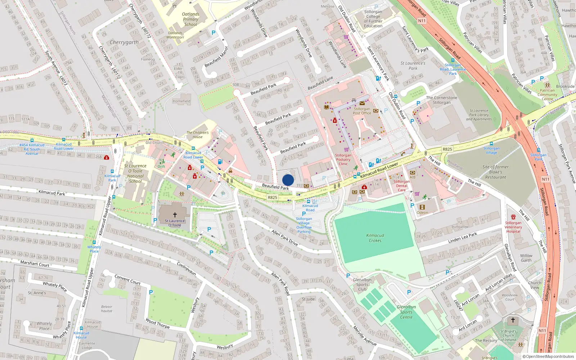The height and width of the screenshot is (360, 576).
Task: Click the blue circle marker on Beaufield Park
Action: pyautogui.click(x=288, y=180)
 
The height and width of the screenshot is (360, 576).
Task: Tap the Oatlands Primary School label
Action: pyautogui.click(x=190, y=19)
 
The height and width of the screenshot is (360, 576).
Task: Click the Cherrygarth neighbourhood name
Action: pyautogui.click(x=124, y=42)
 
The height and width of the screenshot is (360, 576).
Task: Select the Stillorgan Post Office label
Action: pyautogui.click(x=362, y=111)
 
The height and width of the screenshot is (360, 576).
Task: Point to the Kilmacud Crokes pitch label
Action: pyautogui.click(x=375, y=238)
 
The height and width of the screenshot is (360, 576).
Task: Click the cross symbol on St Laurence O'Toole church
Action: pyautogui.click(x=175, y=215)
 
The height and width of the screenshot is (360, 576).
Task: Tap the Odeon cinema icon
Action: pyautogui.click(x=422, y=207)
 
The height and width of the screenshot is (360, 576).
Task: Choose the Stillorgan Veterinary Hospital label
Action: pyautogui.click(x=513, y=227)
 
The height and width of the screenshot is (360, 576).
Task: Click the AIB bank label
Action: pyautogui.click(x=413, y=177)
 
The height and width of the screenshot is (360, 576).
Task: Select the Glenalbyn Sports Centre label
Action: pyautogui.click(x=406, y=312)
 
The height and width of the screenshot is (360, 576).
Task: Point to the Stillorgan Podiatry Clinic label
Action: pyautogui.click(x=343, y=159)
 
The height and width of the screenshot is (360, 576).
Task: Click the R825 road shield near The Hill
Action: pyautogui.click(x=447, y=149)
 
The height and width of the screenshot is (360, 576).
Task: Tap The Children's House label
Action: pyautogui.click(x=197, y=135)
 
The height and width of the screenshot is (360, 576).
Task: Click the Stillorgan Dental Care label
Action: pyautogui.click(x=401, y=186)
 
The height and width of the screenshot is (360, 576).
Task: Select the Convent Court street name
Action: pyautogui.click(x=127, y=279)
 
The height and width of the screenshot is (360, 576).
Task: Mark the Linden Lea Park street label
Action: pyautogui.click(x=463, y=238)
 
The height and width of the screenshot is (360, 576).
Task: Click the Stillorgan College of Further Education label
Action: pyautogui.click(x=373, y=19)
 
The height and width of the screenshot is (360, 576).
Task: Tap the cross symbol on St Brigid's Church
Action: pyautogui.click(x=513, y=320)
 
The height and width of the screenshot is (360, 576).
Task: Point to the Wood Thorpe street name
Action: pyautogui.click(x=157, y=323)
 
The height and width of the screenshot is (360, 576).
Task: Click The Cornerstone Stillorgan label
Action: pyautogui.click(x=441, y=100)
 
